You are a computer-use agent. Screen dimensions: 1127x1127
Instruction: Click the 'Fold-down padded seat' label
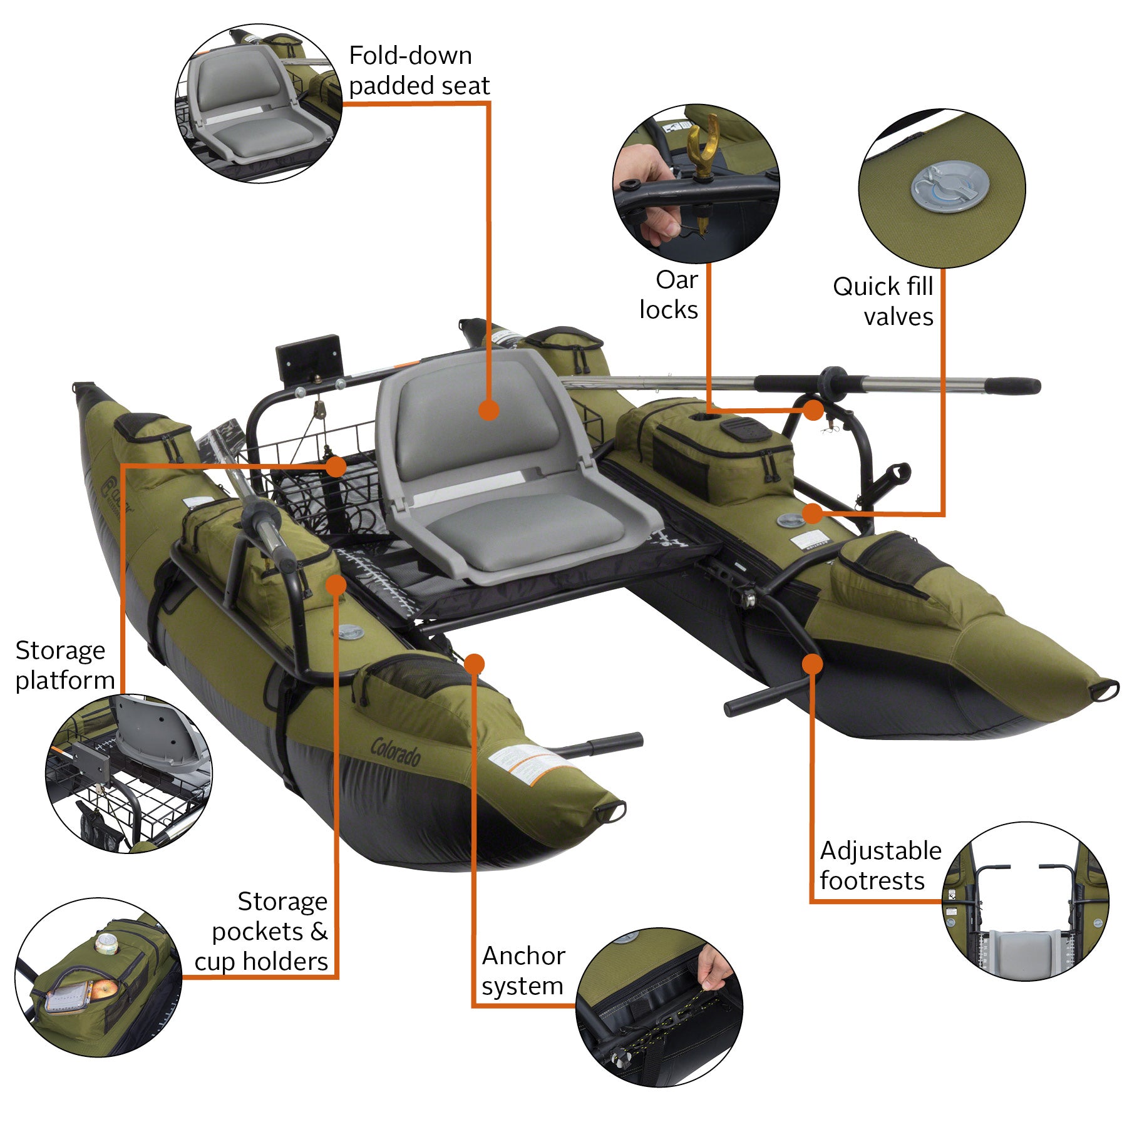pos(418,71)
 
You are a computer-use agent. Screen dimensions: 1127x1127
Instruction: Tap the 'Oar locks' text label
pos(669,295)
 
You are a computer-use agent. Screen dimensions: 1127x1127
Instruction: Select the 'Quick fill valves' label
pos(883,301)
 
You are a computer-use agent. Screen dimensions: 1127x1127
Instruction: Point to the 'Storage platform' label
pos(64,665)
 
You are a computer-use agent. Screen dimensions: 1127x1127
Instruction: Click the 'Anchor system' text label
pos(523,970)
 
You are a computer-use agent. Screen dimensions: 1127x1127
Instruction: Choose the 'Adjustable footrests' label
pos(880,865)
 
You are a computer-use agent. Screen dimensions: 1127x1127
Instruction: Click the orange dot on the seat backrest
pos(488,410)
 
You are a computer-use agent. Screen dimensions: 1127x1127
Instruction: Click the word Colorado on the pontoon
pos(396,751)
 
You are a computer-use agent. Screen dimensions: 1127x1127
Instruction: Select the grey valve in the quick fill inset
pos(950,186)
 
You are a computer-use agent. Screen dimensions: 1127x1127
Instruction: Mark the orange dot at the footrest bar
pos(812,664)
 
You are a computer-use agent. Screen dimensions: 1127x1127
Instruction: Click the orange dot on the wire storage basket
pos(336,466)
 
